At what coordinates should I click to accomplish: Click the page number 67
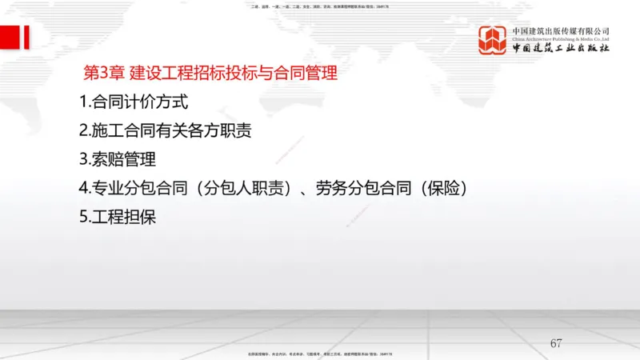(x=556, y=344)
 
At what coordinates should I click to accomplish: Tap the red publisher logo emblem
(x=494, y=40)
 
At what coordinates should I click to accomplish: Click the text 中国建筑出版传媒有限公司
(x=561, y=30)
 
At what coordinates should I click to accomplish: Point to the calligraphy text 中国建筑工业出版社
(x=561, y=49)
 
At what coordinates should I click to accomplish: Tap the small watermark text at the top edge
(x=320, y=5)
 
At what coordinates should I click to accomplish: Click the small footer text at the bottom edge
(x=320, y=353)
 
